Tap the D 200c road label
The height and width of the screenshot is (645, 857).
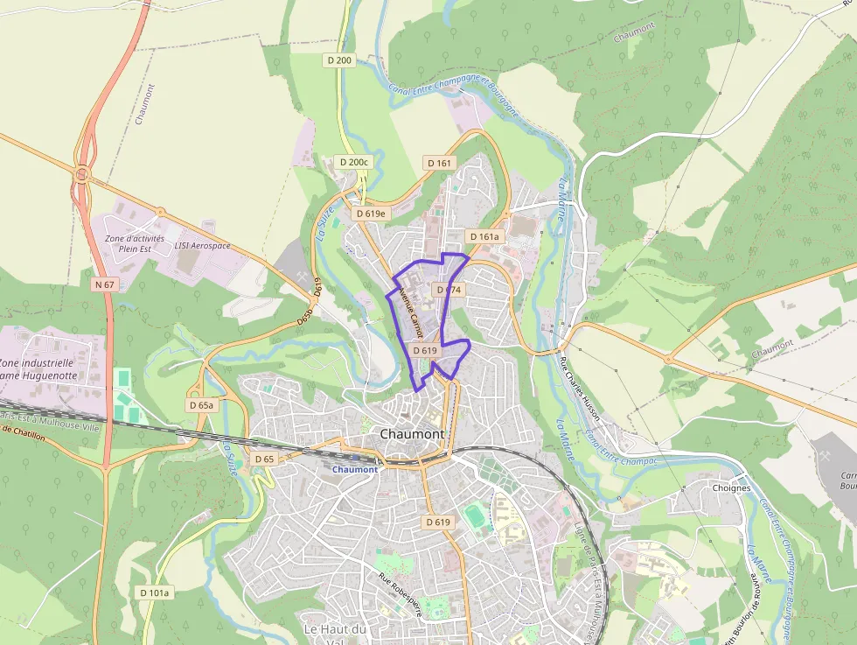pyautogui.click(x=354, y=162)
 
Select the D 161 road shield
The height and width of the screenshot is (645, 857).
pyautogui.click(x=440, y=163)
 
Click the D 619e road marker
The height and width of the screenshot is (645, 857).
pyautogui.click(x=371, y=213)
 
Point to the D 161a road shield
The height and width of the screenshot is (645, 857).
pyautogui.click(x=484, y=236)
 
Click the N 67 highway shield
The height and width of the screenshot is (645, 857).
pyautogui.click(x=104, y=284)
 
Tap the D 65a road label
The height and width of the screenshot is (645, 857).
pyautogui.click(x=201, y=405)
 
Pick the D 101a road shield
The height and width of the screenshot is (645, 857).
pyautogui.click(x=154, y=592)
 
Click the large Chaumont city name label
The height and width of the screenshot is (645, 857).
pyautogui.click(x=412, y=434)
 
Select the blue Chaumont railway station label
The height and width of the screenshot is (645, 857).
pyautogui.click(x=355, y=469)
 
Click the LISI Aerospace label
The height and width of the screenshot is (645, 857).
pyautogui.click(x=202, y=246)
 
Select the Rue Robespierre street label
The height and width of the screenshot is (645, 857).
pyautogui.click(x=400, y=595)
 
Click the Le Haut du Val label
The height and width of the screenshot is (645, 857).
pyautogui.click(x=336, y=634)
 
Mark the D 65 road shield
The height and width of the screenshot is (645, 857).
pyautogui.click(x=263, y=459)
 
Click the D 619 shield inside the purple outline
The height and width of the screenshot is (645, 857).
pyautogui.click(x=424, y=350)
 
